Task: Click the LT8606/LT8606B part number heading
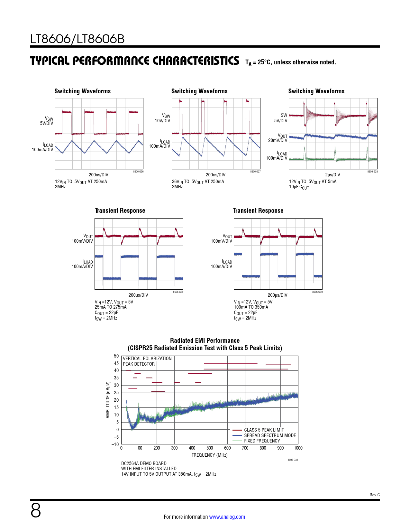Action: pyautogui.click(x=77, y=39)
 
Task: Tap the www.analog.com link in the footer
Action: pyautogui.click(x=227, y=517)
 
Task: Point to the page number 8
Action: pyautogui.click(x=36, y=510)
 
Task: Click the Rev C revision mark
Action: pyautogui.click(x=374, y=495)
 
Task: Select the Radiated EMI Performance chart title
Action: pyautogui.click(x=205, y=340)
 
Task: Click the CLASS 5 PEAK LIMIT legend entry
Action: pyautogui.click(x=264, y=430)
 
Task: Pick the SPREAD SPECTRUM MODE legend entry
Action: pyautogui.click(x=270, y=435)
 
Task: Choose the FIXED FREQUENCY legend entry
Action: pyautogui.click(x=262, y=441)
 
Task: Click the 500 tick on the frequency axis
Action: pyautogui.click(x=210, y=448)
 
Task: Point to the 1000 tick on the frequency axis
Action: pyautogui.click(x=298, y=448)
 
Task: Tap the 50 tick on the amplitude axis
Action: pyautogui.click(x=116, y=356)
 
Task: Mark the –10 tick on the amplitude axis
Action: pyautogui.click(x=115, y=444)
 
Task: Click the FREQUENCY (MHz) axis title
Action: pyautogui.click(x=209, y=455)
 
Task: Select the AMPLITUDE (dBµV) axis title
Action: pyautogui.click(x=108, y=400)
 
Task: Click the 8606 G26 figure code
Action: pyautogui.click(x=138, y=172)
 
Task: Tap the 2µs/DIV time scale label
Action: pyautogui.click(x=333, y=175)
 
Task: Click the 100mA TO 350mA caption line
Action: pyautogui.click(x=251, y=307)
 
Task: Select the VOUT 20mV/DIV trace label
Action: pyautogui.click(x=278, y=138)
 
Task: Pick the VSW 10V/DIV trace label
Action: pyautogui.click(x=163, y=118)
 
